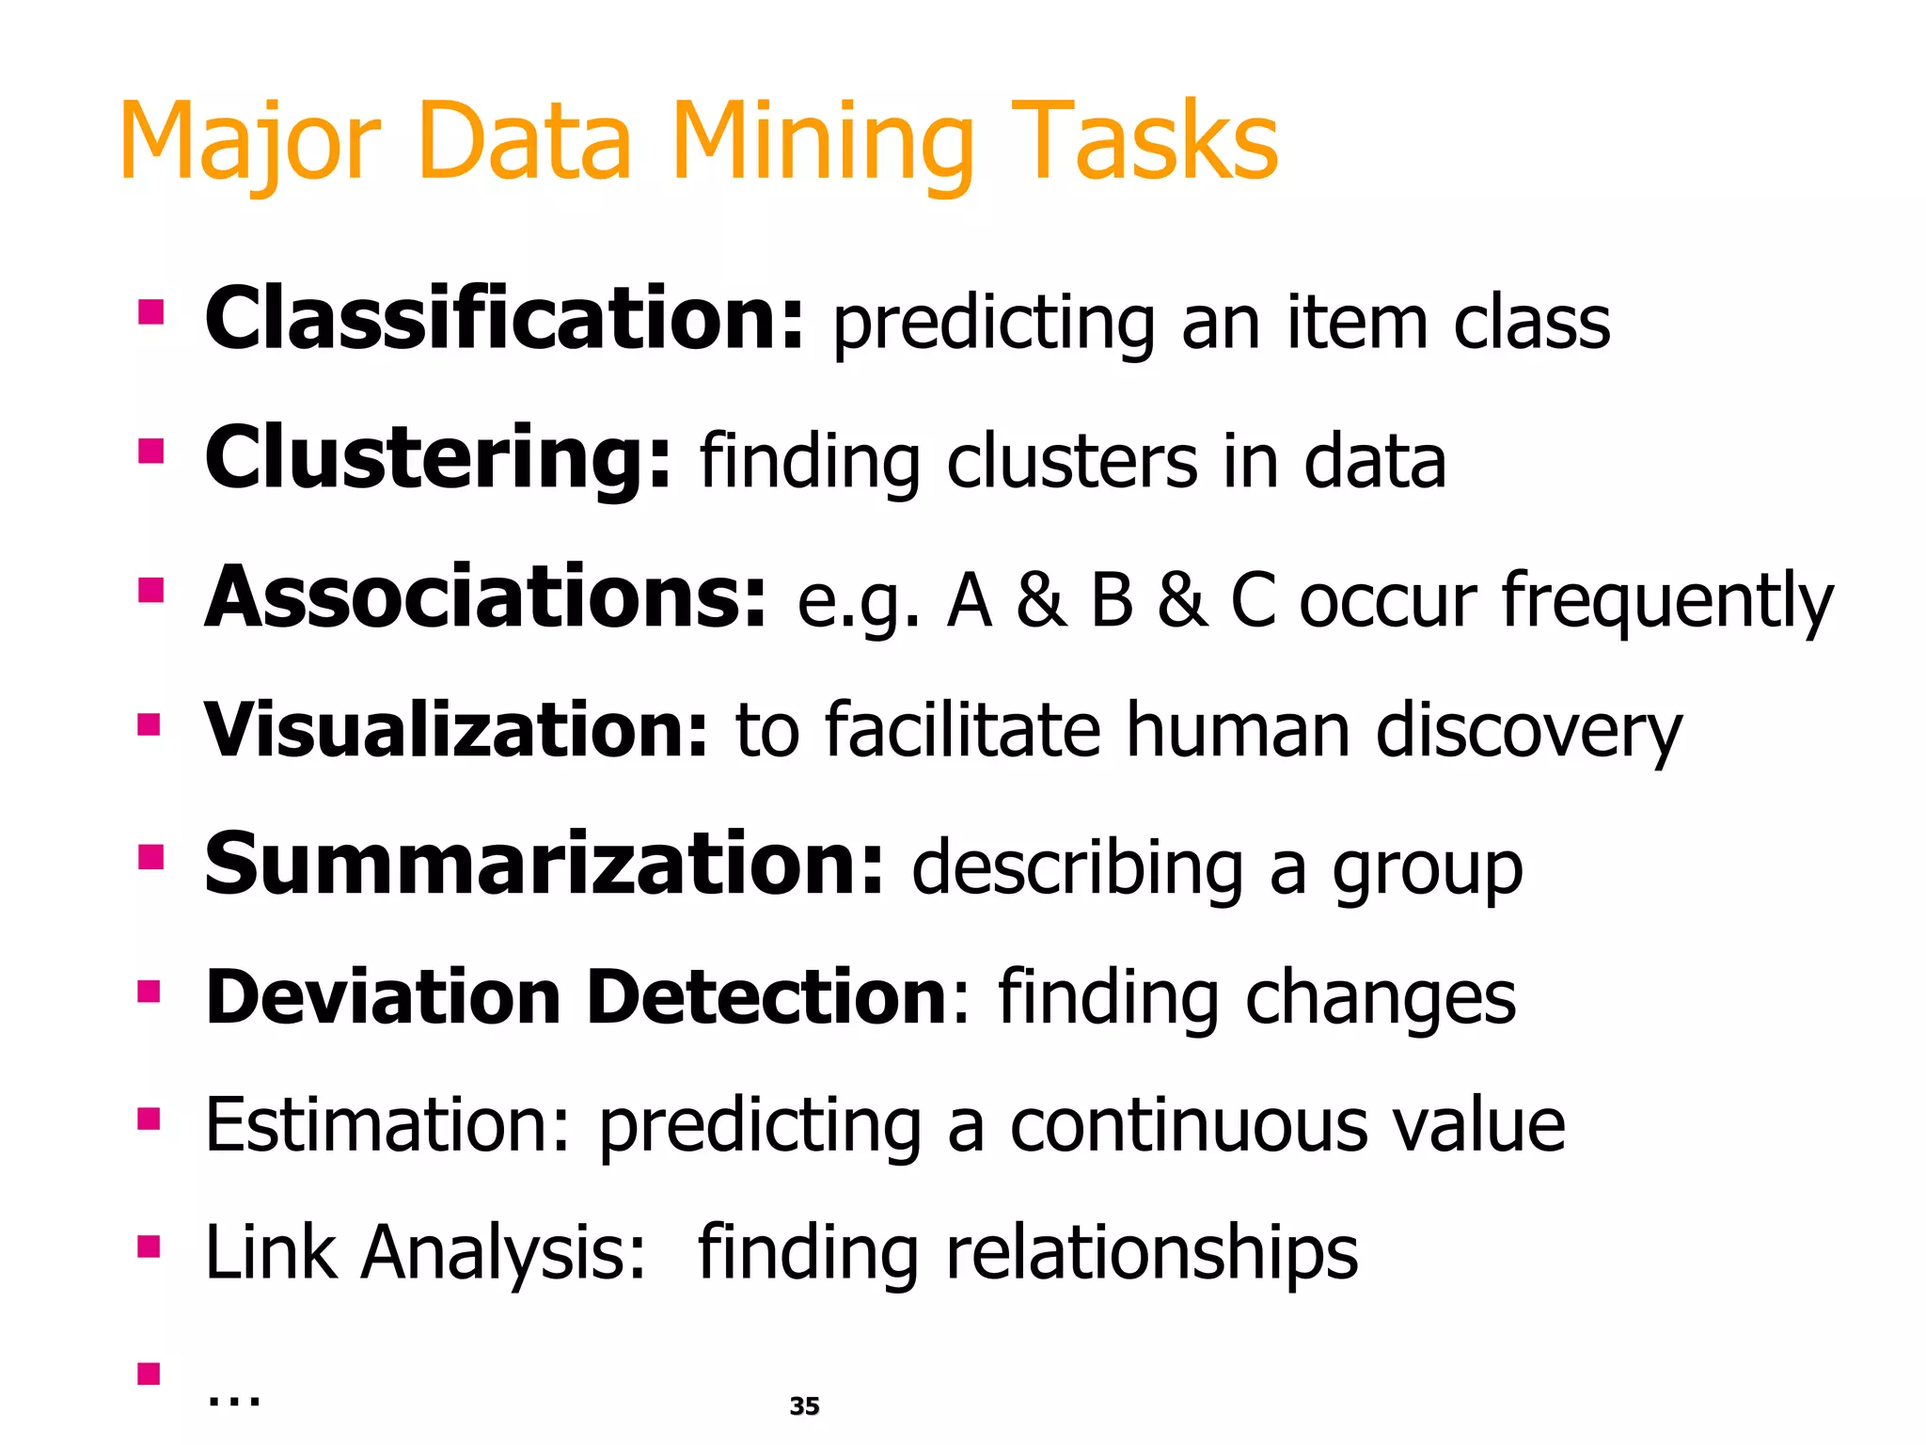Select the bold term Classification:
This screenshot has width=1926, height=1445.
504,320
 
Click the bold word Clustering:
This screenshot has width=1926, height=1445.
437,459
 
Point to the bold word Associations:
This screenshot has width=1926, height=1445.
485,598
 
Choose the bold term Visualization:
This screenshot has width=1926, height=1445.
455,730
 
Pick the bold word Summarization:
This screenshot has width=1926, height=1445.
544,865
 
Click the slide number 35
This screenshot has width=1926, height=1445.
804,1406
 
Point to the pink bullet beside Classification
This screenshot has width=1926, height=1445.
150,312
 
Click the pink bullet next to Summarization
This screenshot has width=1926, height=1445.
150,857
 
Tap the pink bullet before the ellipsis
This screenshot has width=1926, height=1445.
150,1374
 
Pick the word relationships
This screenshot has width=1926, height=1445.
1151,1255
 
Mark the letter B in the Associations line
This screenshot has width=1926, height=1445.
1112,600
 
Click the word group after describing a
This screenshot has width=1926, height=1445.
1427,871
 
